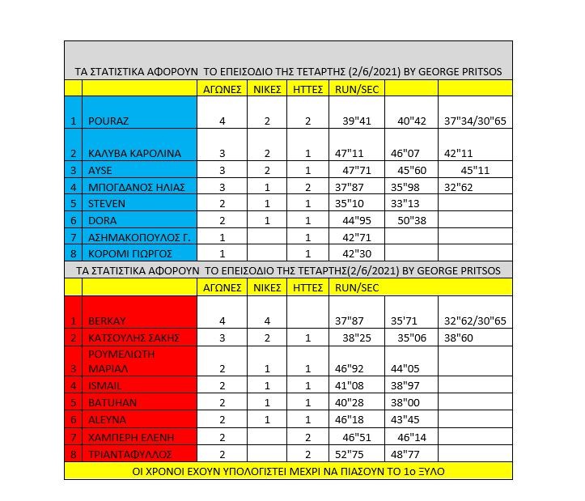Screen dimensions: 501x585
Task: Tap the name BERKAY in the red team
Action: coord(108,321)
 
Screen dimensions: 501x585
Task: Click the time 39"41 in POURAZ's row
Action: coord(355,121)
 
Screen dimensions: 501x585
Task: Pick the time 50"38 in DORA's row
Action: coord(409,219)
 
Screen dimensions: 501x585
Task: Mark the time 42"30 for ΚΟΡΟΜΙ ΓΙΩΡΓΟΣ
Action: coord(351,253)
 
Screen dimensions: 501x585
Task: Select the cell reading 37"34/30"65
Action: coord(476,121)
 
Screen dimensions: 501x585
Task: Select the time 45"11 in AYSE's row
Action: coord(476,170)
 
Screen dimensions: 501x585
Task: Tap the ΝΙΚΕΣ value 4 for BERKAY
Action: coord(267,321)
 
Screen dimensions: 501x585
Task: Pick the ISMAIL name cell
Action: coord(106,386)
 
